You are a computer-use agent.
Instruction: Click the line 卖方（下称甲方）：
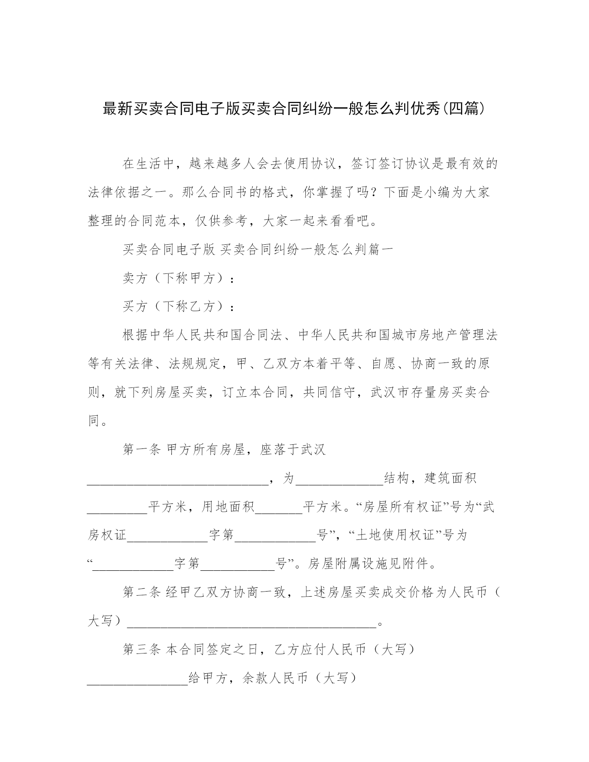click(x=178, y=278)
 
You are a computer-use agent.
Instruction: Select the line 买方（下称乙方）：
click(x=178, y=307)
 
